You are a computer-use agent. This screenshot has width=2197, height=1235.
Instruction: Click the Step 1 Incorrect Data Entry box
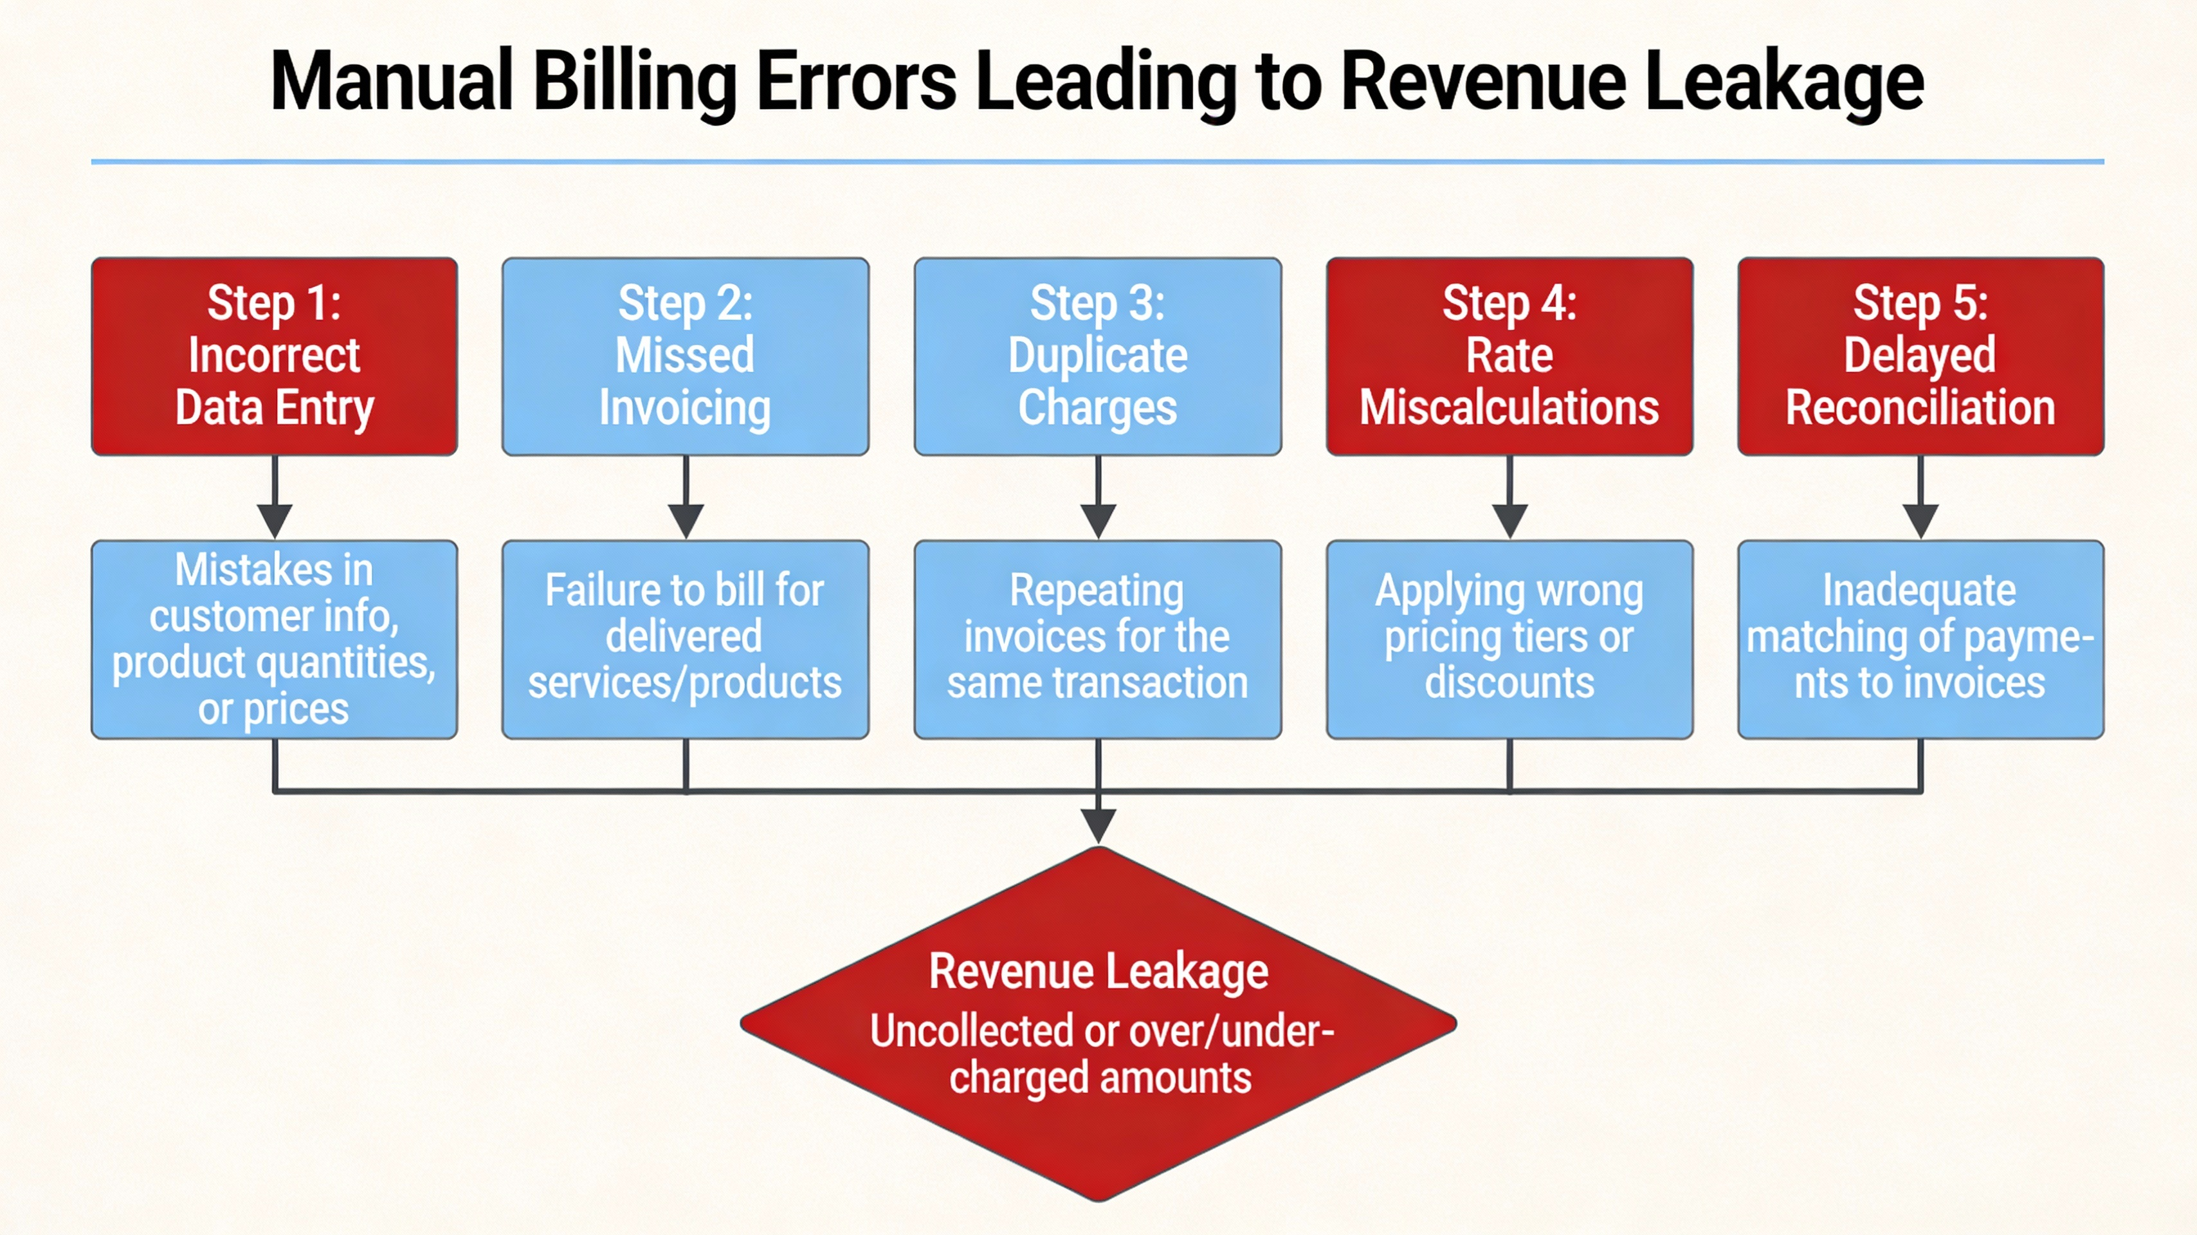(275, 356)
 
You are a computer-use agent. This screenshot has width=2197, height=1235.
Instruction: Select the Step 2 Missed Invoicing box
(685, 356)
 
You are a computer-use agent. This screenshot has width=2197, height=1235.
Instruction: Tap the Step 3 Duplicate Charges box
(1098, 356)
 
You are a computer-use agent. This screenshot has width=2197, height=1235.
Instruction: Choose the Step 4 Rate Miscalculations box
(1509, 356)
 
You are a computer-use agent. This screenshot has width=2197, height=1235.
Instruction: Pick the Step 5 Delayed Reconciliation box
(1920, 356)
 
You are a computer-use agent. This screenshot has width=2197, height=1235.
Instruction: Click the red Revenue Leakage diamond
(1098, 1023)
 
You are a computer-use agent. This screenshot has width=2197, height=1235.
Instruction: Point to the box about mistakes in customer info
(275, 639)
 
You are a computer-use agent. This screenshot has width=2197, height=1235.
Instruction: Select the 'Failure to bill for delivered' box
(685, 639)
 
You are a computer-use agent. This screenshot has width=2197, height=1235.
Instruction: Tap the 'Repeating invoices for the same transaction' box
(1098, 639)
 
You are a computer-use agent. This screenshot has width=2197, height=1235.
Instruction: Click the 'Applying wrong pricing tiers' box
(1509, 639)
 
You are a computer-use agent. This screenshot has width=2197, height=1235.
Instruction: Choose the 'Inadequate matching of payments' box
(1920, 639)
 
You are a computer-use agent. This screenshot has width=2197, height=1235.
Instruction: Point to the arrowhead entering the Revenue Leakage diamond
(1098, 825)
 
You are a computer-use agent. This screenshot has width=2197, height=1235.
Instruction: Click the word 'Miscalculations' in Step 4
(1509, 408)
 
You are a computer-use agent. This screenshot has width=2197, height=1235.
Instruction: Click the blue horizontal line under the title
(1098, 161)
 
